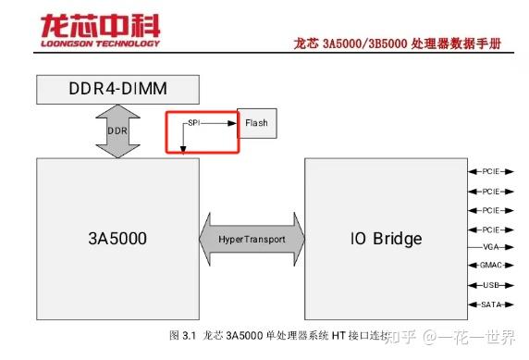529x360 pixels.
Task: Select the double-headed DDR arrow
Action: click(x=118, y=130)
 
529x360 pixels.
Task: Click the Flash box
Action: click(x=256, y=122)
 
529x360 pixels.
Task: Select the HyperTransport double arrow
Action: click(x=252, y=240)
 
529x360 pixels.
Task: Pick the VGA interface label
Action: click(x=490, y=248)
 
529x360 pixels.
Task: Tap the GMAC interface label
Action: click(x=490, y=267)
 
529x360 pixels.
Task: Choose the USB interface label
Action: click(x=490, y=286)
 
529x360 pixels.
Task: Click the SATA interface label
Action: click(x=490, y=304)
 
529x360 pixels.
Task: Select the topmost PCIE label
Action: click(x=490, y=171)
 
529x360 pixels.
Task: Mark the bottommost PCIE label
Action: click(x=490, y=229)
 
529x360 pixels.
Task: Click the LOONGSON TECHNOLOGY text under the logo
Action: click(x=99, y=43)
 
